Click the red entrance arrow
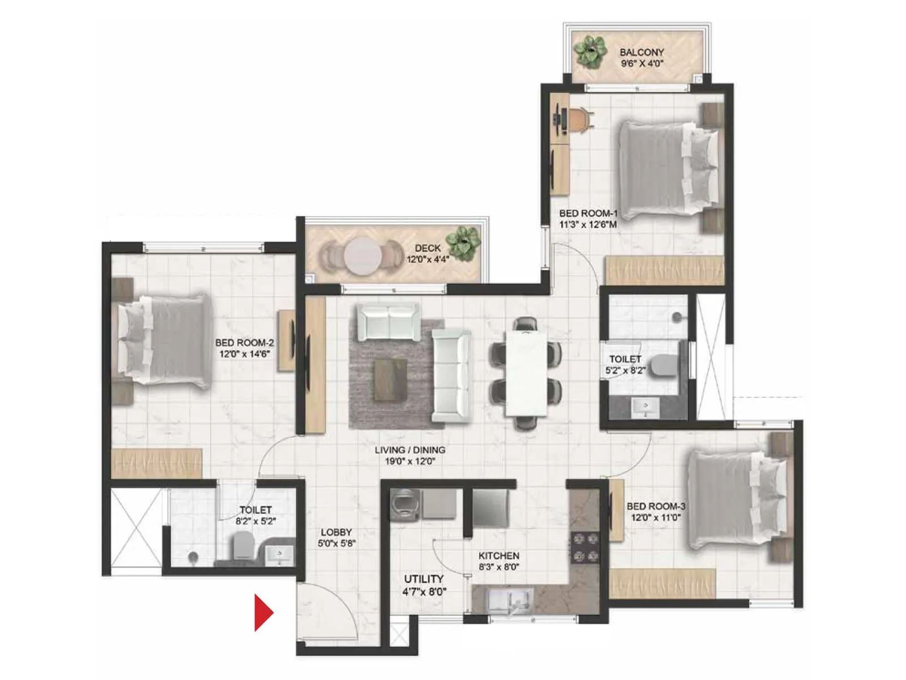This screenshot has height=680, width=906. pos(262,613)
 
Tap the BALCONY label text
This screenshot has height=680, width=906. pos(641,52)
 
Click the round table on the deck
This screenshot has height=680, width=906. pos(362,256)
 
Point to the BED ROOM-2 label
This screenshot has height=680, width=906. pos(244,343)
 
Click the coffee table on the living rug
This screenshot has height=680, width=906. pos(390,379)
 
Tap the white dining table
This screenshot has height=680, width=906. pos(526,373)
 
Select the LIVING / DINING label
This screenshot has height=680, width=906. pos(410,450)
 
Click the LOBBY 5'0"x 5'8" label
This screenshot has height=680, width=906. pos(336,537)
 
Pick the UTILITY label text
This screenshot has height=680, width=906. pos(424,579)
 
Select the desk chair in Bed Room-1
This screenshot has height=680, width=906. pos(580,120)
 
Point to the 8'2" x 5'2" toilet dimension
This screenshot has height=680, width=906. pos(255,521)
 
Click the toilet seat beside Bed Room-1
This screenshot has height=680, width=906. pos(663,365)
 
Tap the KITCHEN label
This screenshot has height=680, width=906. pos(498,556)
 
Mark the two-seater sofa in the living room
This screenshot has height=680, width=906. pos(388,321)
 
